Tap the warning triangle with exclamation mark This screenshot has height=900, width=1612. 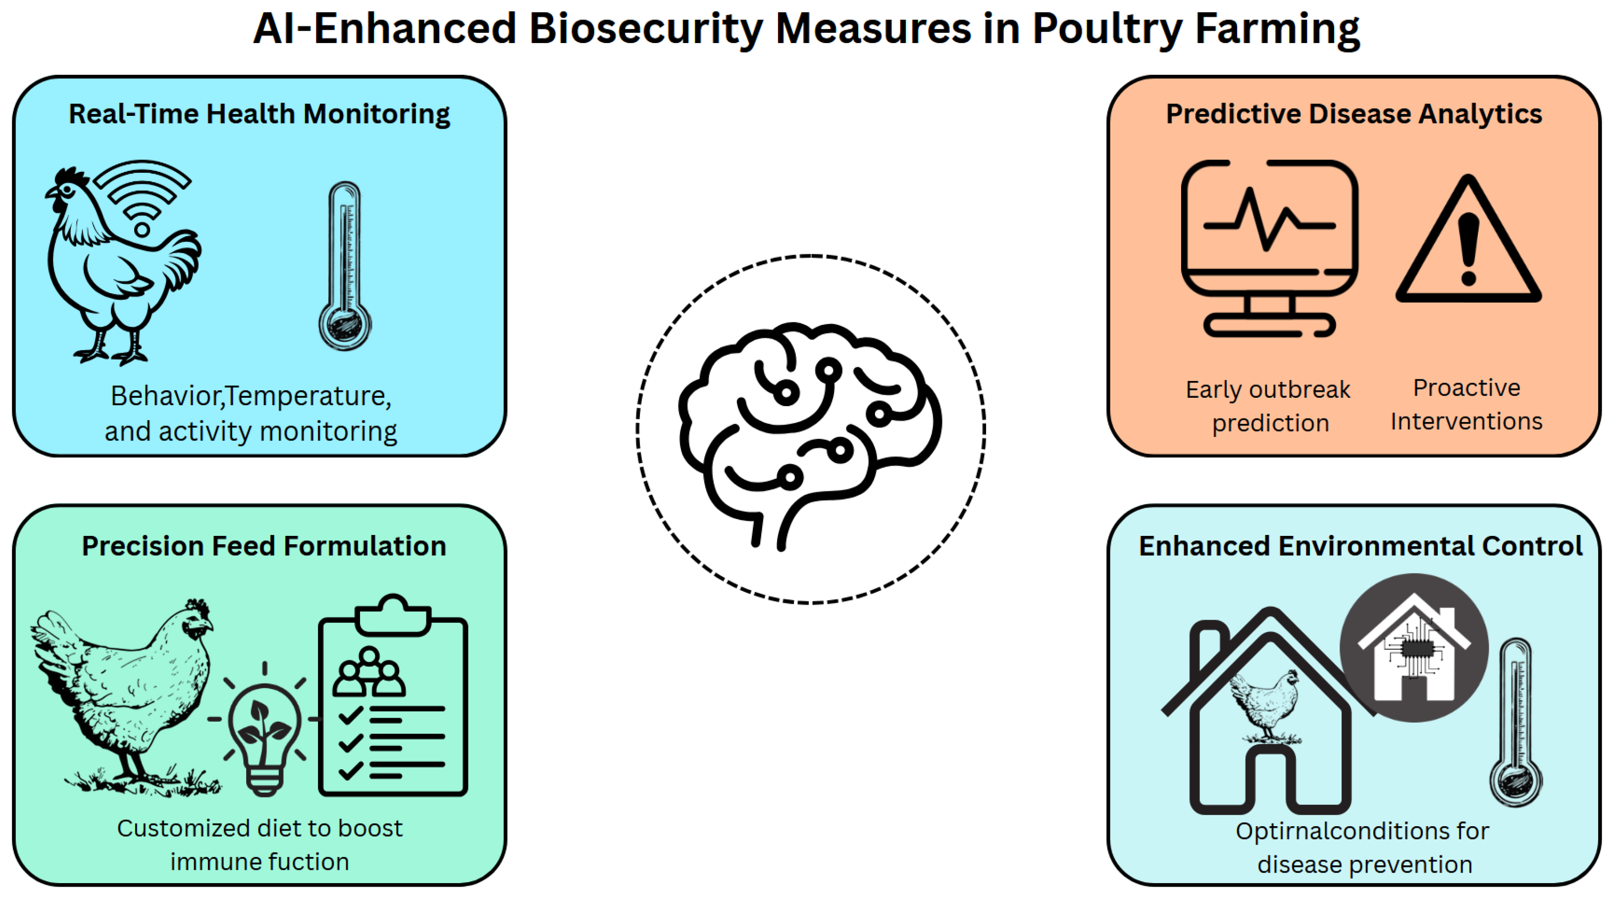[1468, 247]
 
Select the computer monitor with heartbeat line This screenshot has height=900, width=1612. [1269, 247]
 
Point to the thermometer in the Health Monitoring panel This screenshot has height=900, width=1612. [345, 265]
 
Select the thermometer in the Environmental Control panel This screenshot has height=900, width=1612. [1515, 723]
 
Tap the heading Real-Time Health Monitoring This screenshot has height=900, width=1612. [259, 114]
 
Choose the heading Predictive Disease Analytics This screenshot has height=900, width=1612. [1353, 114]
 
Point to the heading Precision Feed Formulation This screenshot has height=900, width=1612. [263, 546]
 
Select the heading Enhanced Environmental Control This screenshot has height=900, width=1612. [1360, 546]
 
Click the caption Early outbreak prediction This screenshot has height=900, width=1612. [1268, 406]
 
